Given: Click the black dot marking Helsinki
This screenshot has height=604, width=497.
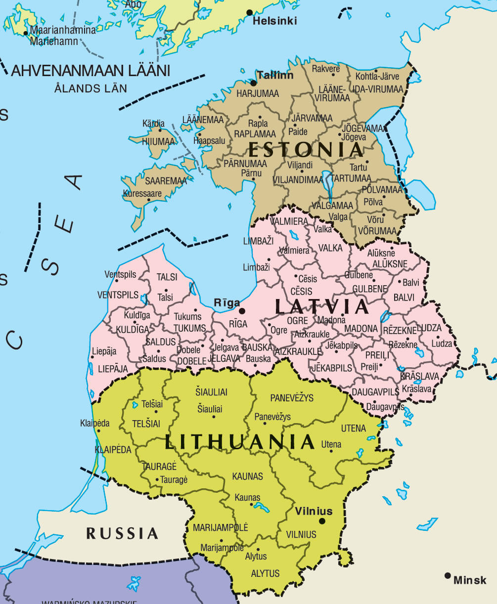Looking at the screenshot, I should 250,12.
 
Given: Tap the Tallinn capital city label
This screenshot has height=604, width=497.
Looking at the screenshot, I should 275,76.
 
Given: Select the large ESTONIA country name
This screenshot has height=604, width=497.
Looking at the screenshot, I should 306,149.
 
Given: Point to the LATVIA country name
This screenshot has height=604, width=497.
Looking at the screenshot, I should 322,307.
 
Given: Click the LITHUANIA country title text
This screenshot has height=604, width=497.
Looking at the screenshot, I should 240,441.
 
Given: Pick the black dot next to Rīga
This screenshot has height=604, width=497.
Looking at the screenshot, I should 242,311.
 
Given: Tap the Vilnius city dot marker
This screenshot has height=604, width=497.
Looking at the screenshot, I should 322,521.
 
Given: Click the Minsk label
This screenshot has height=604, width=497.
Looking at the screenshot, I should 470,580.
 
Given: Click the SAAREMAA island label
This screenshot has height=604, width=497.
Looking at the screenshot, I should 166,181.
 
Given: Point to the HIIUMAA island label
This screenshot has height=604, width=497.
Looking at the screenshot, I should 159,142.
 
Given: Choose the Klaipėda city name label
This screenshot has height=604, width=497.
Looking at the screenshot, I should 95,423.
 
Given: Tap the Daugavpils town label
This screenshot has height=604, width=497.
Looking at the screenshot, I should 385,407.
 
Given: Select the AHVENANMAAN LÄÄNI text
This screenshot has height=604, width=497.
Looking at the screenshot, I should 90,71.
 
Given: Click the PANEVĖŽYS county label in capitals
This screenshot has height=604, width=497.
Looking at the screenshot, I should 292,398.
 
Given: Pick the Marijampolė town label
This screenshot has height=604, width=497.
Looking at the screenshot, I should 222,548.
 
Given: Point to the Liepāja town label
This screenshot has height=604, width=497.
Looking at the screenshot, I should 104,351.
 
